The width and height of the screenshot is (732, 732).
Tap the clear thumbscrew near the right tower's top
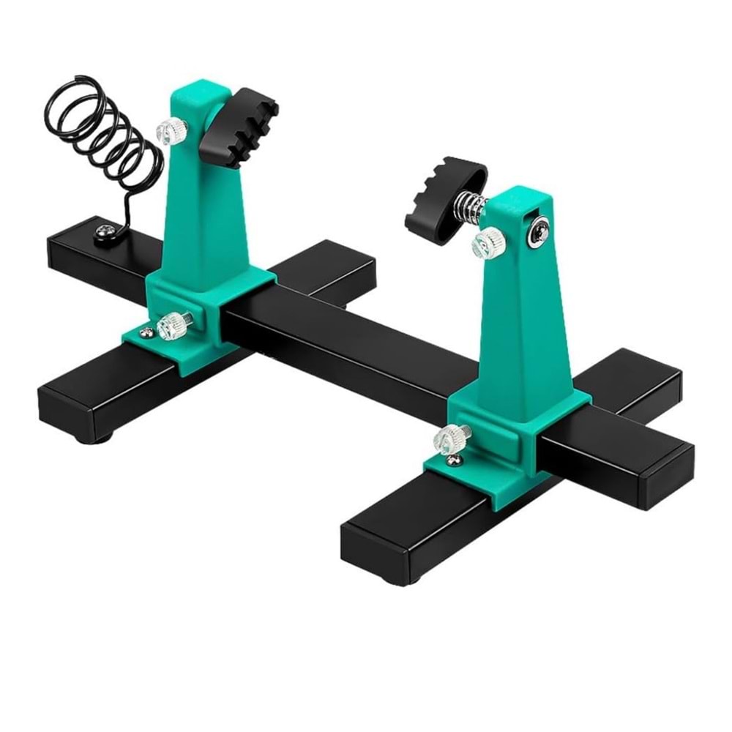[488, 241]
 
